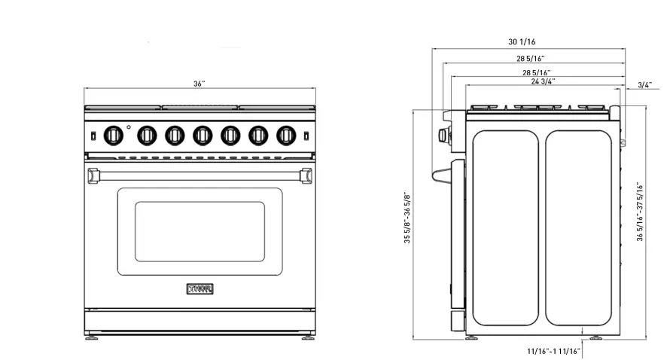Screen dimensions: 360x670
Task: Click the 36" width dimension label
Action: pyautogui.click(x=199, y=84)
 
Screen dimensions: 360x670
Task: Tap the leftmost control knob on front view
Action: pyautogui.click(x=113, y=135)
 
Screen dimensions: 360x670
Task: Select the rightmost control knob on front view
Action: pyautogui.click(x=285, y=135)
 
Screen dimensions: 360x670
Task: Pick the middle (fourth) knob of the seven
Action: pyautogui.click(x=202, y=135)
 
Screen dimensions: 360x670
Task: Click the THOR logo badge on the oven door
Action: pyautogui.click(x=199, y=289)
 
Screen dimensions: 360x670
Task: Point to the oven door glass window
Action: pyautogui.click(x=199, y=231)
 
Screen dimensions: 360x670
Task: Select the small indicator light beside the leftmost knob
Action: pyautogui.click(x=129, y=127)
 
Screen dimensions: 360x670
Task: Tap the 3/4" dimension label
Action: pyautogui.click(x=644, y=85)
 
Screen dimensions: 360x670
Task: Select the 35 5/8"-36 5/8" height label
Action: pyautogui.click(x=407, y=218)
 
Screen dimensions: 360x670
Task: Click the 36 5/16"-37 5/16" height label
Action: pyautogui.click(x=640, y=212)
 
